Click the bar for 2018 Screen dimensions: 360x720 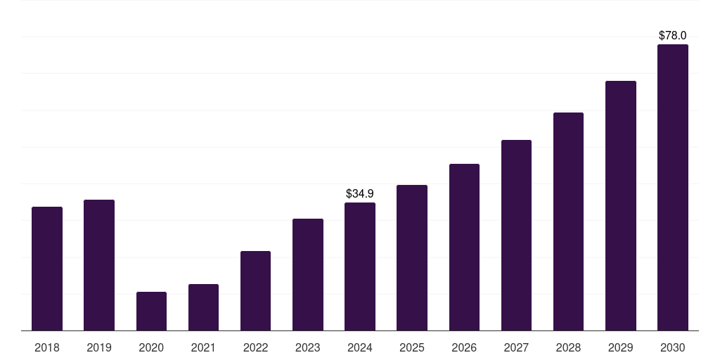click(x=47, y=269)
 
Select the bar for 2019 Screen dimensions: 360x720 click(x=99, y=265)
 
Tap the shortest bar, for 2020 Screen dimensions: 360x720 click(x=151, y=311)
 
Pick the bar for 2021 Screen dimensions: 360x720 click(x=203, y=307)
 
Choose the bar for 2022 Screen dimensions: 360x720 click(x=255, y=291)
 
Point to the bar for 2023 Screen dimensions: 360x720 click(x=308, y=275)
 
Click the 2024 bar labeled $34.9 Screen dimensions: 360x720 click(x=360, y=266)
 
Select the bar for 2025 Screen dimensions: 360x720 click(x=412, y=258)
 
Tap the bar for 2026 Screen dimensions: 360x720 click(x=464, y=247)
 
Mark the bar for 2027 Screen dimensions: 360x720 click(x=516, y=236)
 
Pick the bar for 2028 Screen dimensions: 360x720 click(x=568, y=221)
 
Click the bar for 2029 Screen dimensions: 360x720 click(x=620, y=206)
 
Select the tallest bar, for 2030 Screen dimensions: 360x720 click(x=672, y=188)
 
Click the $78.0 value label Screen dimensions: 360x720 click(x=672, y=35)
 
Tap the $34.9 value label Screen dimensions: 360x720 click(x=360, y=193)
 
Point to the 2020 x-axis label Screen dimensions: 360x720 click(x=151, y=347)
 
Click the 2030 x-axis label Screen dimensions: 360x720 click(x=672, y=347)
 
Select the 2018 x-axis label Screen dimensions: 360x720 click(x=47, y=347)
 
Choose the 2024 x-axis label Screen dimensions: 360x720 click(x=360, y=347)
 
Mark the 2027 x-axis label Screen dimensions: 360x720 click(x=516, y=347)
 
